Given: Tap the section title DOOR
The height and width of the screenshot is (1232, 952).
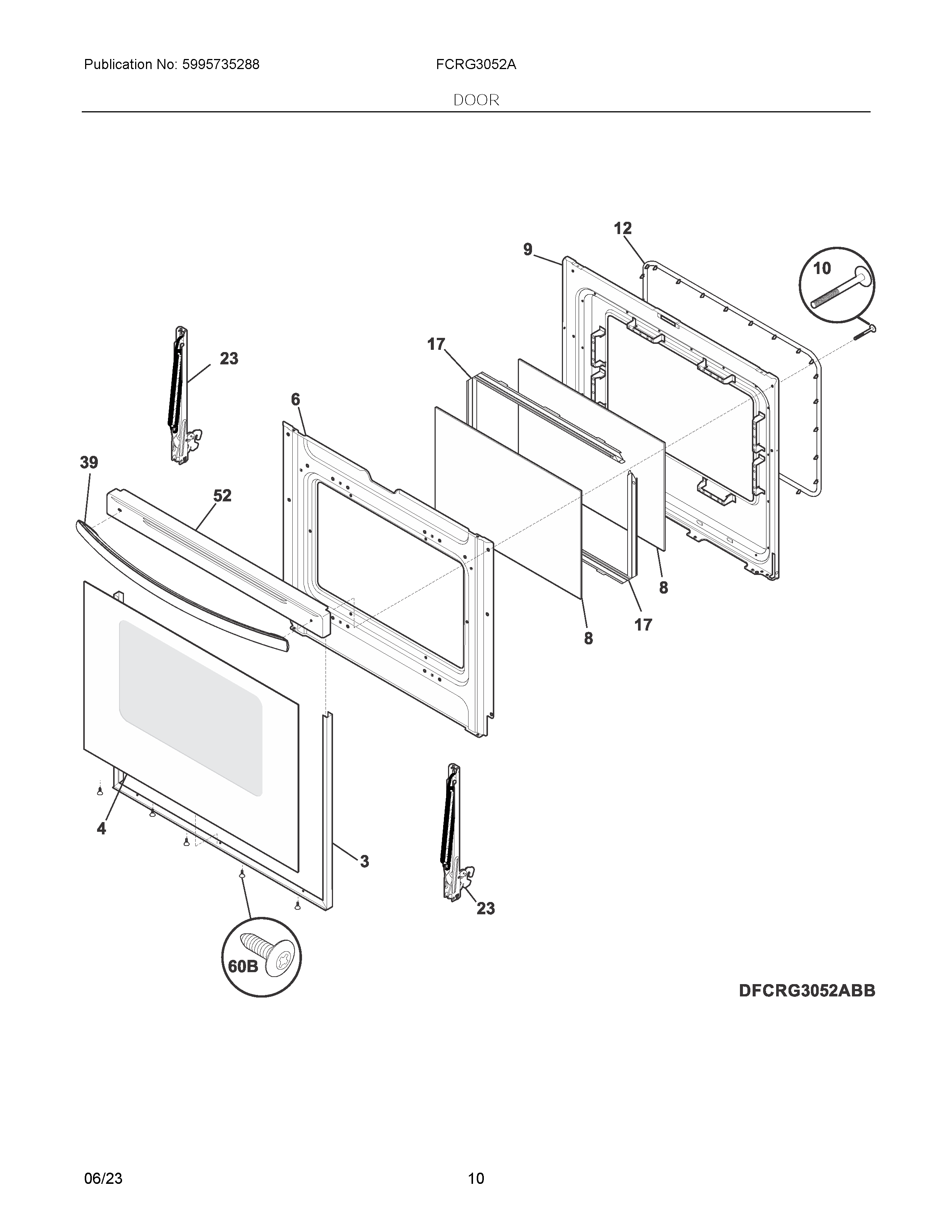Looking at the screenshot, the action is (476, 100).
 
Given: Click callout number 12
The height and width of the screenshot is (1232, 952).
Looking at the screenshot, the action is (623, 228).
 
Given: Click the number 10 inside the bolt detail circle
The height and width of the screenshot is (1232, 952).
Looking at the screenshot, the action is (822, 268).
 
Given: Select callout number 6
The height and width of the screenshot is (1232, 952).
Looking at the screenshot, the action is (296, 400).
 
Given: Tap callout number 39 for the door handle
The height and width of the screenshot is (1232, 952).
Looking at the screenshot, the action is (88, 463).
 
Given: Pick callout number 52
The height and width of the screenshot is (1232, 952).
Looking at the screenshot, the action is (222, 495).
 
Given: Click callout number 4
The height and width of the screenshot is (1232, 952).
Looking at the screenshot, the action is (102, 829).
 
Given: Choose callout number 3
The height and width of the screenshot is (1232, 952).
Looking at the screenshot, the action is (364, 861).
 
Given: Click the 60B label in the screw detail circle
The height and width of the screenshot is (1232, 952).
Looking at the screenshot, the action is (243, 966).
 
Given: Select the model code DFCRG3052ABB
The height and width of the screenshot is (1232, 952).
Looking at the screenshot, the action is (806, 990).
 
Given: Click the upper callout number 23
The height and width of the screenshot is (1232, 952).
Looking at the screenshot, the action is (229, 359).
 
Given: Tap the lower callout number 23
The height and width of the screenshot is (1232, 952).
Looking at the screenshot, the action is (486, 908).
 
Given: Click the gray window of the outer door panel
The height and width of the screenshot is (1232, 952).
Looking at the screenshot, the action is (190, 708).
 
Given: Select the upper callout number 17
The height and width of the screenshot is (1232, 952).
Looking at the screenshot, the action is (436, 344).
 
